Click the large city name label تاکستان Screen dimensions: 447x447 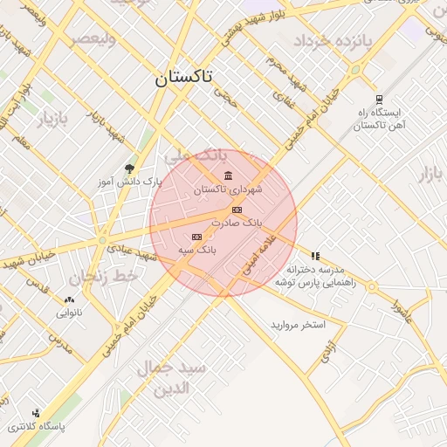(184, 77)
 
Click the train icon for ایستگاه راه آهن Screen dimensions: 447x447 (378, 100)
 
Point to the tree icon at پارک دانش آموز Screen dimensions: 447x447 (130, 168)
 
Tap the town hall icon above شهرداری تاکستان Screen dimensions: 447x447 (229, 175)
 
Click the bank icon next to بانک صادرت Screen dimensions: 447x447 (236, 210)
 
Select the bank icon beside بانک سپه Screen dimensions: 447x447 (196, 237)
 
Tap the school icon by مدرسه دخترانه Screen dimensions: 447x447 (315, 257)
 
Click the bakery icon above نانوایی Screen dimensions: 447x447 (69, 299)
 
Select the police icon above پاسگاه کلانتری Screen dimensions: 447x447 (36, 413)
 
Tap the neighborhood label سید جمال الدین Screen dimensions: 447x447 (175, 377)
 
